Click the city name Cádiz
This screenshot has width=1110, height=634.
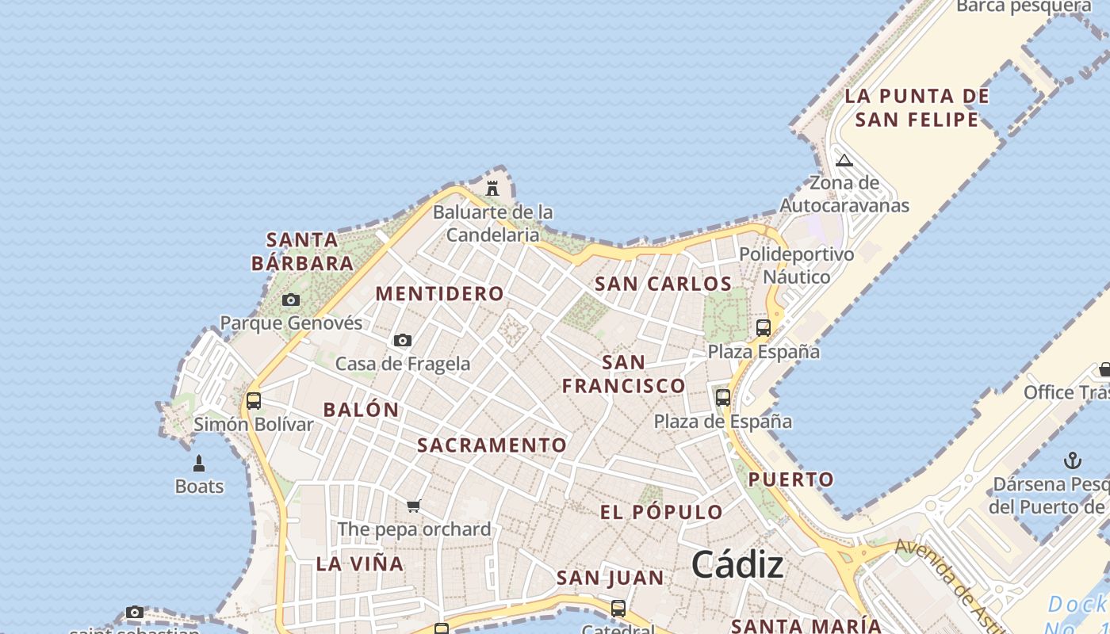[737, 564]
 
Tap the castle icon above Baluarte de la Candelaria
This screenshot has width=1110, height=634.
[492, 188]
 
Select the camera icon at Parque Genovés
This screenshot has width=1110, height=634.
[291, 300]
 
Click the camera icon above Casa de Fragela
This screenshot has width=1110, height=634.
[403, 340]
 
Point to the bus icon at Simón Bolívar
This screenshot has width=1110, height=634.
[254, 400]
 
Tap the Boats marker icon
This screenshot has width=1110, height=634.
[199, 464]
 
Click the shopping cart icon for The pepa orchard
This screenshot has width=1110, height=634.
[413, 506]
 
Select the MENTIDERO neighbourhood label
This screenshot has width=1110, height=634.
[440, 293]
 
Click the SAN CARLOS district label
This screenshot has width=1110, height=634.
[663, 284]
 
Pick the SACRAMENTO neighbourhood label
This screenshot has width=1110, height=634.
[492, 445]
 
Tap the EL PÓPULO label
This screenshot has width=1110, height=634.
[661, 512]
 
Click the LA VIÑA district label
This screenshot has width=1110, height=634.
[360, 564]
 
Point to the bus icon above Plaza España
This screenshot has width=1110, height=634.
[764, 327]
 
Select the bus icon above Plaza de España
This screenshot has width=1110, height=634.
[723, 397]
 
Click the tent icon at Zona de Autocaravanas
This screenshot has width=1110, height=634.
[844, 160]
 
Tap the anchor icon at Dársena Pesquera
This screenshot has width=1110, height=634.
[1072, 460]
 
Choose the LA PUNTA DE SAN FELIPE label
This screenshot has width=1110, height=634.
[917, 108]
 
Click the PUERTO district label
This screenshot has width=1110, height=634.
[791, 479]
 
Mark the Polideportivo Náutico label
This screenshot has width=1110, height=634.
[796, 265]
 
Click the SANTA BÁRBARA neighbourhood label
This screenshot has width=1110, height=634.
[302, 251]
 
